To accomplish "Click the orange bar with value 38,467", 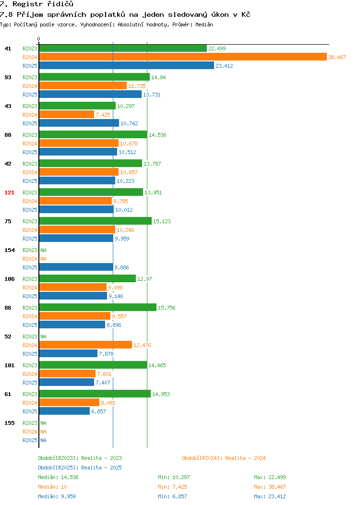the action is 183,57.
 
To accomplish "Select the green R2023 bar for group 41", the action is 123,48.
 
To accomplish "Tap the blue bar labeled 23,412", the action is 127,66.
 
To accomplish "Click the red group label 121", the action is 9,192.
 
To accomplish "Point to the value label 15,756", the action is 167,308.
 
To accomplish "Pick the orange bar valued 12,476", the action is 85,345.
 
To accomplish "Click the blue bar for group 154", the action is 76,267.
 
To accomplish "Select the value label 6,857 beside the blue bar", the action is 98,411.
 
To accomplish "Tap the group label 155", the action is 9,423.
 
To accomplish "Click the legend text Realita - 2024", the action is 245,458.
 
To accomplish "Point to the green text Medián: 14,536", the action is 58,477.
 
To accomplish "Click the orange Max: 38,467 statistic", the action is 270,487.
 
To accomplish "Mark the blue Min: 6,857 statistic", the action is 172,497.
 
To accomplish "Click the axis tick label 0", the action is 39,39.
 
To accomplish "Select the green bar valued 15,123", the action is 96,221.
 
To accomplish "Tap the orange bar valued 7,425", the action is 67,115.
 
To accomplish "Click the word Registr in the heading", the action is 28,4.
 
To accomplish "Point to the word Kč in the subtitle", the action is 246,14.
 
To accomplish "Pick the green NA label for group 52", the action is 44,337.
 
